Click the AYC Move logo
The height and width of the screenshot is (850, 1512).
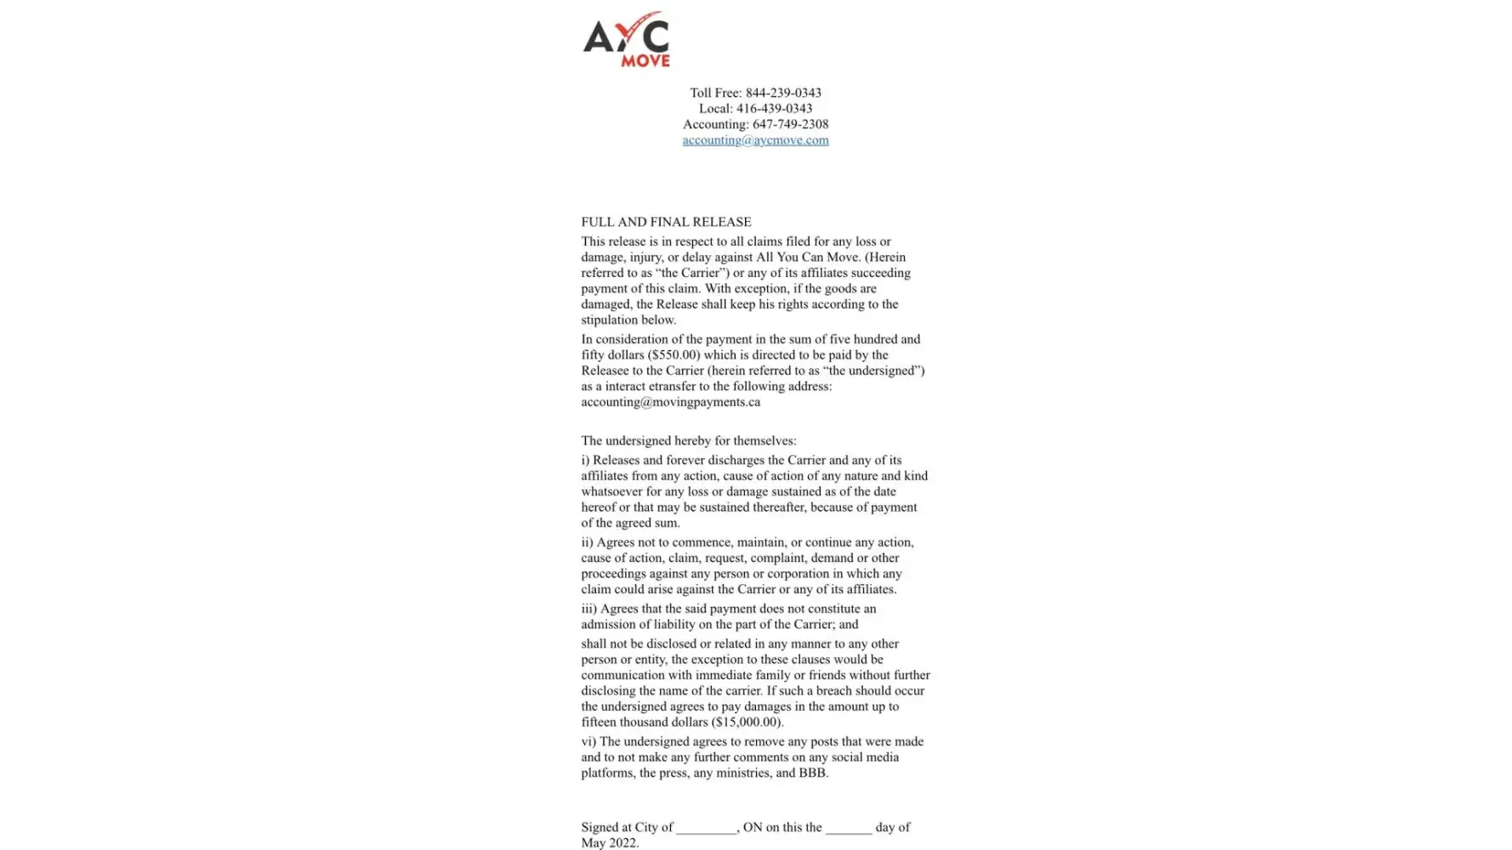tap(627, 39)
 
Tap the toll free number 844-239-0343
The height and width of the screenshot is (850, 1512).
tap(782, 93)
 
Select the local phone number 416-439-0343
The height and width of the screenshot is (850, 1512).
tap(774, 108)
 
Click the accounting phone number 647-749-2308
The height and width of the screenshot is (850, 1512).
tap(790, 124)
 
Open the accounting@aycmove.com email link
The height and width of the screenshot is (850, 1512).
tap(755, 140)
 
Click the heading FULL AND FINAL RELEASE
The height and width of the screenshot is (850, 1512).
tap(666, 222)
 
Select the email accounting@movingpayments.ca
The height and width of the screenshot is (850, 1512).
tap(670, 402)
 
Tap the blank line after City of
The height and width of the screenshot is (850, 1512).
tap(706, 828)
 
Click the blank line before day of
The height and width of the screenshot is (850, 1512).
tap(848, 828)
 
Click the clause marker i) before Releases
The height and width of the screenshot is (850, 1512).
tap(585, 461)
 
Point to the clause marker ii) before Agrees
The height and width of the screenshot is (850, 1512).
tap(587, 542)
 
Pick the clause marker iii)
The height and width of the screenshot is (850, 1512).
tap(588, 609)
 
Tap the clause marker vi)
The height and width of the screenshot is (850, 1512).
tap(588, 742)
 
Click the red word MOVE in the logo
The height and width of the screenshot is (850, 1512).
tap(645, 60)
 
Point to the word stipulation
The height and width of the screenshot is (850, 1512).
tap(611, 320)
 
